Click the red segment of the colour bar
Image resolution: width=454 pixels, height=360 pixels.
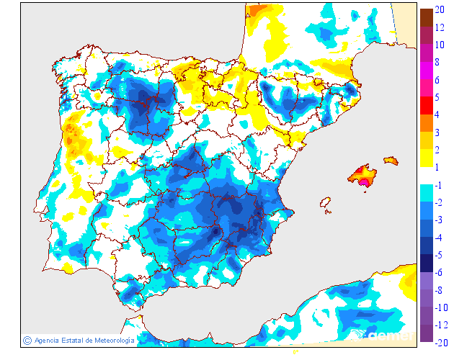(x=427, y=106)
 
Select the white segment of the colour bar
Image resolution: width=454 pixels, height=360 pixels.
(x=427, y=176)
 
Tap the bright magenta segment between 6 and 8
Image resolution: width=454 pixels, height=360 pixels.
(x=427, y=71)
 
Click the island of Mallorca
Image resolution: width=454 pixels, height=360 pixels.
(x=363, y=175)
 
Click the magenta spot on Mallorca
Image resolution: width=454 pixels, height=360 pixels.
(x=365, y=182)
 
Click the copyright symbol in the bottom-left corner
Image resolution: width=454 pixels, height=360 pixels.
(x=27, y=340)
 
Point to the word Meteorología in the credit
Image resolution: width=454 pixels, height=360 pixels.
(x=109, y=340)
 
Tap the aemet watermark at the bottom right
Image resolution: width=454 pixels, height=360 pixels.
(x=389, y=335)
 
